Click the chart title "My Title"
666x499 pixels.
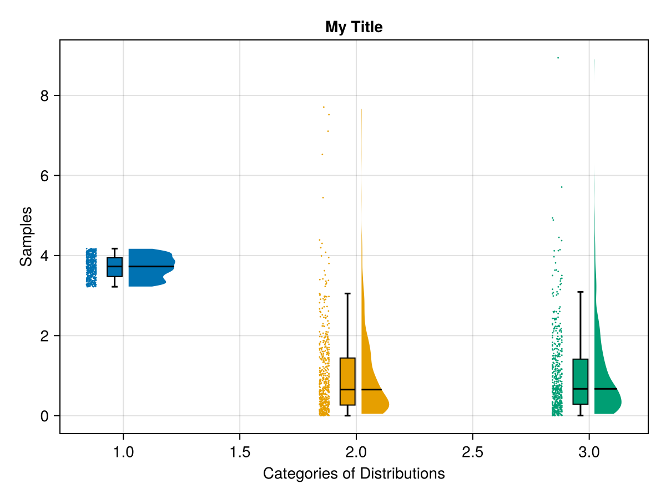point(354,27)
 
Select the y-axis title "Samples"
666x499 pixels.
point(26,236)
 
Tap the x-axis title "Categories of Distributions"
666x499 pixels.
point(354,474)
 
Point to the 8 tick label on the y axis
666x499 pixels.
point(44,96)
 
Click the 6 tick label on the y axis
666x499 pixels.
point(44,176)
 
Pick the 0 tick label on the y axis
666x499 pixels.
point(44,416)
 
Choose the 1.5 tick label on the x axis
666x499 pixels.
point(239,452)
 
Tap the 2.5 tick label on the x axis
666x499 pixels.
point(472,452)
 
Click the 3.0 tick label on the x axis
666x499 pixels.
point(588,452)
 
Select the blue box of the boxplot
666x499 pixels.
point(115,267)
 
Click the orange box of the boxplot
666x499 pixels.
point(347,381)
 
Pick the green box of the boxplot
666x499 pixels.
point(581,381)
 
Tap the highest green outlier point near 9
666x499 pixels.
point(558,58)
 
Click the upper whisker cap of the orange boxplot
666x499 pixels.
point(347,293)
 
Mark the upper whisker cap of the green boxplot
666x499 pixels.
point(581,292)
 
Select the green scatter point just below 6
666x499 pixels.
point(562,187)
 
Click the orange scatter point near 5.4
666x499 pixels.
point(323,197)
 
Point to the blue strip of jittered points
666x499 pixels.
point(91,267)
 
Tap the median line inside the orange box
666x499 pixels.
point(347,389)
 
